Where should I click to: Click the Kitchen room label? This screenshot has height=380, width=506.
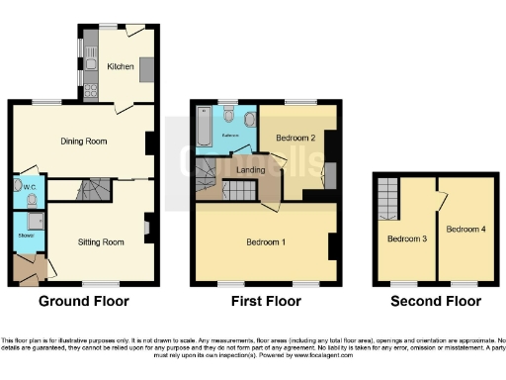coord(121,66)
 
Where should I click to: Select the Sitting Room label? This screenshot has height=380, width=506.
coord(101,241)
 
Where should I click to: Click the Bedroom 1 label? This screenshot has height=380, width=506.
coord(266,241)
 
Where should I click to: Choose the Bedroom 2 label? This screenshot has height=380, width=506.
coord(295,138)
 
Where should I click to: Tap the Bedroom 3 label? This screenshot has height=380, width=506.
coord(405,238)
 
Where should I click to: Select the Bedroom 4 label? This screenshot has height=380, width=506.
coord(464,230)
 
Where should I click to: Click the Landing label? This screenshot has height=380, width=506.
coord(252,172)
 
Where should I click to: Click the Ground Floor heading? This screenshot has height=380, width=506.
coord(83,301)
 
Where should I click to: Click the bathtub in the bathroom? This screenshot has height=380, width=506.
coord(204,129)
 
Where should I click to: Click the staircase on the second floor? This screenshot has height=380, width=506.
coord(388,198)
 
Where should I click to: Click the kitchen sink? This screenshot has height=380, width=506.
coord(90,65)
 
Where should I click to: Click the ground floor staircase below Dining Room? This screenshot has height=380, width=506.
coord(95,188)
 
